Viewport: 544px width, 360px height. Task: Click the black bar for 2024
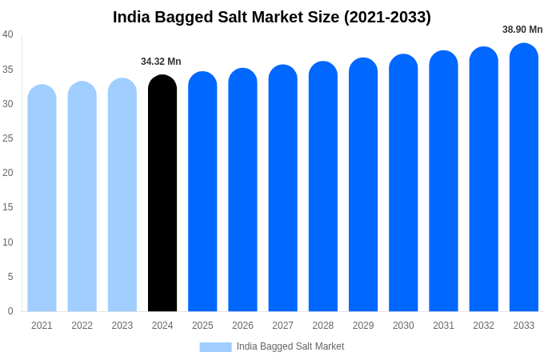(162, 194)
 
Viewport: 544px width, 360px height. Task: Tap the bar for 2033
(524, 178)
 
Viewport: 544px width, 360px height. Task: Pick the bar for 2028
(323, 186)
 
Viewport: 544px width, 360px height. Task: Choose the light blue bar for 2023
(122, 195)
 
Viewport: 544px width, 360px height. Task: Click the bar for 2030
(403, 183)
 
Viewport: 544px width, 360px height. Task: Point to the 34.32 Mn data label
(161, 62)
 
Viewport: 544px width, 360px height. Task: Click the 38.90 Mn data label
(522, 30)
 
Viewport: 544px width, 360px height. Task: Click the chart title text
(272, 17)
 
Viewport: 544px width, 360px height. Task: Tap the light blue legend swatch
(215, 346)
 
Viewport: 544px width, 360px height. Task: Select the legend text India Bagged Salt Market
(290, 346)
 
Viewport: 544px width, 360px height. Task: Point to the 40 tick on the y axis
(8, 34)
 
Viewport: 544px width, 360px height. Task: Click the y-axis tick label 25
(8, 138)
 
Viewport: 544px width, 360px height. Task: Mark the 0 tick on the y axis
(10, 311)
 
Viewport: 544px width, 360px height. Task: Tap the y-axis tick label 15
(8, 207)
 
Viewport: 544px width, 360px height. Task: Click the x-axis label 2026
(242, 326)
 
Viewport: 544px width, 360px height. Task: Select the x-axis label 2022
(82, 326)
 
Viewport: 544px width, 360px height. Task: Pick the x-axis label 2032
(483, 326)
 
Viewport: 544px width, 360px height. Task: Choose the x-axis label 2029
(363, 326)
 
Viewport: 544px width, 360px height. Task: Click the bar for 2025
(202, 192)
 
